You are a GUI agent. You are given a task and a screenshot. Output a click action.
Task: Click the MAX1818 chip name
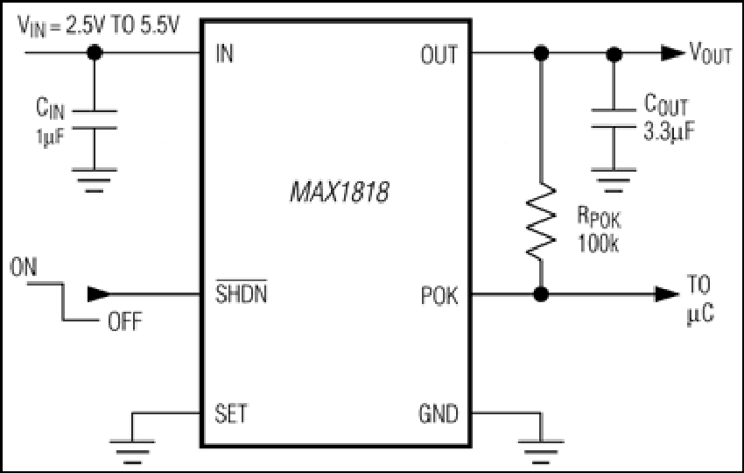340,193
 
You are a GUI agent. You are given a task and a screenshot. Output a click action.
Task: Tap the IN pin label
224,53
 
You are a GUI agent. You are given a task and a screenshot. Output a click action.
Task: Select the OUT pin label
439,54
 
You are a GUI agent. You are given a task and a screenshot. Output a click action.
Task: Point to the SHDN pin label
241,293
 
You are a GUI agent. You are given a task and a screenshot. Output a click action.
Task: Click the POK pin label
439,296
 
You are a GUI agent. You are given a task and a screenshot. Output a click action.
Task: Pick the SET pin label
230,413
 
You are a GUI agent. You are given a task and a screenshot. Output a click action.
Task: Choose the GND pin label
439,413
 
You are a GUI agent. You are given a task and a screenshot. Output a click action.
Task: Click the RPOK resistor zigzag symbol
541,222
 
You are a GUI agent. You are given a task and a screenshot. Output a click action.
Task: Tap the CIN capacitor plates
95,119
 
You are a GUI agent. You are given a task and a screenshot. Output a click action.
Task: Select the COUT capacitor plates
614,118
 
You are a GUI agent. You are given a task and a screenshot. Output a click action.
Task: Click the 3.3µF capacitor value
669,131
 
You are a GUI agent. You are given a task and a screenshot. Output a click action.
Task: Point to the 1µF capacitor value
50,138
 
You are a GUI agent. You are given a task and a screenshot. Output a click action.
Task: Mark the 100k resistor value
598,244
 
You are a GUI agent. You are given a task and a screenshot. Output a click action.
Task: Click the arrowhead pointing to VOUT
673,53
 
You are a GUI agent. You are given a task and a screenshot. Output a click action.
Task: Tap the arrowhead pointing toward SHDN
99,294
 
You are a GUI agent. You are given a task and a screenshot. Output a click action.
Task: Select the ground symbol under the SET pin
132,452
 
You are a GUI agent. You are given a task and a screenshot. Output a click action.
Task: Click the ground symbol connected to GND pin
541,452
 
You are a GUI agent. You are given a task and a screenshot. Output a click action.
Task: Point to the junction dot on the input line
95,53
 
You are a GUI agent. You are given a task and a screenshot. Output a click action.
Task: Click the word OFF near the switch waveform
125,322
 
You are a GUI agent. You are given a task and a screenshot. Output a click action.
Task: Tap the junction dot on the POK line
541,294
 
